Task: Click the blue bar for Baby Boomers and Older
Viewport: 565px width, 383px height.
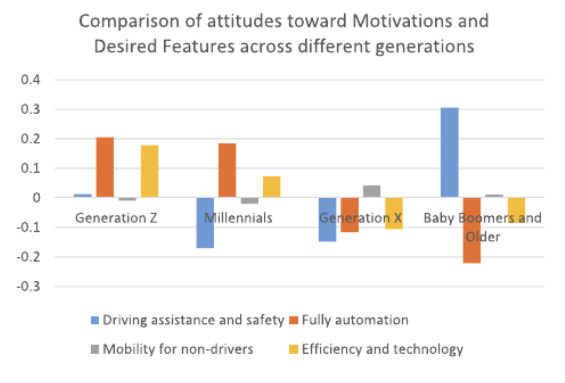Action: pos(449,152)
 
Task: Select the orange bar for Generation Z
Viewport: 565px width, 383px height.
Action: pos(105,167)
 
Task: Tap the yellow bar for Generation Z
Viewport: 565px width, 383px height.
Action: pos(149,171)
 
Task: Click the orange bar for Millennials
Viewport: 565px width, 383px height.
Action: pos(227,170)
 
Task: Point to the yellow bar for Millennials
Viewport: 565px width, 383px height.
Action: pos(272,187)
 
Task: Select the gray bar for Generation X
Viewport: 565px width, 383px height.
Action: pos(372,191)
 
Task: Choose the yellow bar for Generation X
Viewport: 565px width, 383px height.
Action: pos(394,213)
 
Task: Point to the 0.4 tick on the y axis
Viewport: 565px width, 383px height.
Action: pos(31,80)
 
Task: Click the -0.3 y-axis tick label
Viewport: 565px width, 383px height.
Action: pos(29,287)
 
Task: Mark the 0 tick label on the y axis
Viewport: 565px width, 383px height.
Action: pos(36,198)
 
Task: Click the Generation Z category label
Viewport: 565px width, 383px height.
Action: pos(116,218)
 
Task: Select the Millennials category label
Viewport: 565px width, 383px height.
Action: pos(238,218)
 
